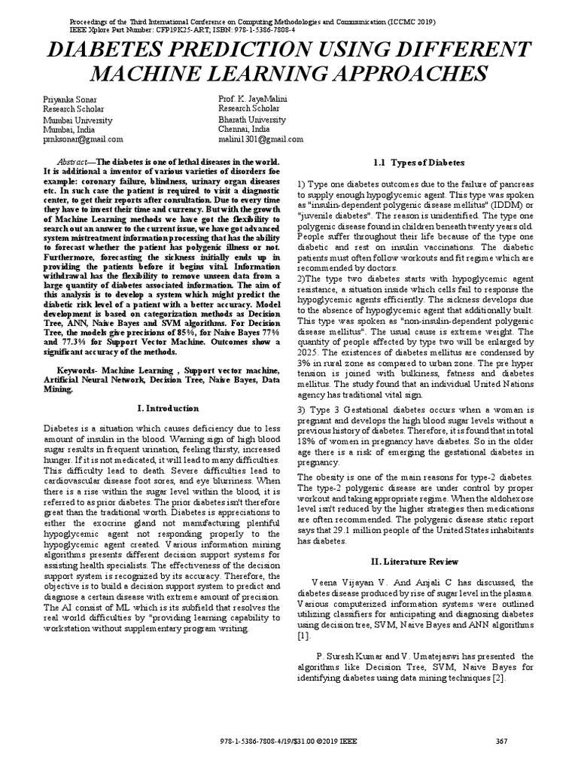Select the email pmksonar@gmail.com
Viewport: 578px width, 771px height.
click(x=83, y=139)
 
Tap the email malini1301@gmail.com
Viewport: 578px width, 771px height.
click(x=260, y=139)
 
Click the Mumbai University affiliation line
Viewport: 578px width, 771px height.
click(x=78, y=120)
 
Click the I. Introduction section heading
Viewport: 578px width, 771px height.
click(x=168, y=408)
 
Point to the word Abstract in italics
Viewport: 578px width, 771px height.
click(x=74, y=163)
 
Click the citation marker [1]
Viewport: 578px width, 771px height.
click(x=303, y=636)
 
